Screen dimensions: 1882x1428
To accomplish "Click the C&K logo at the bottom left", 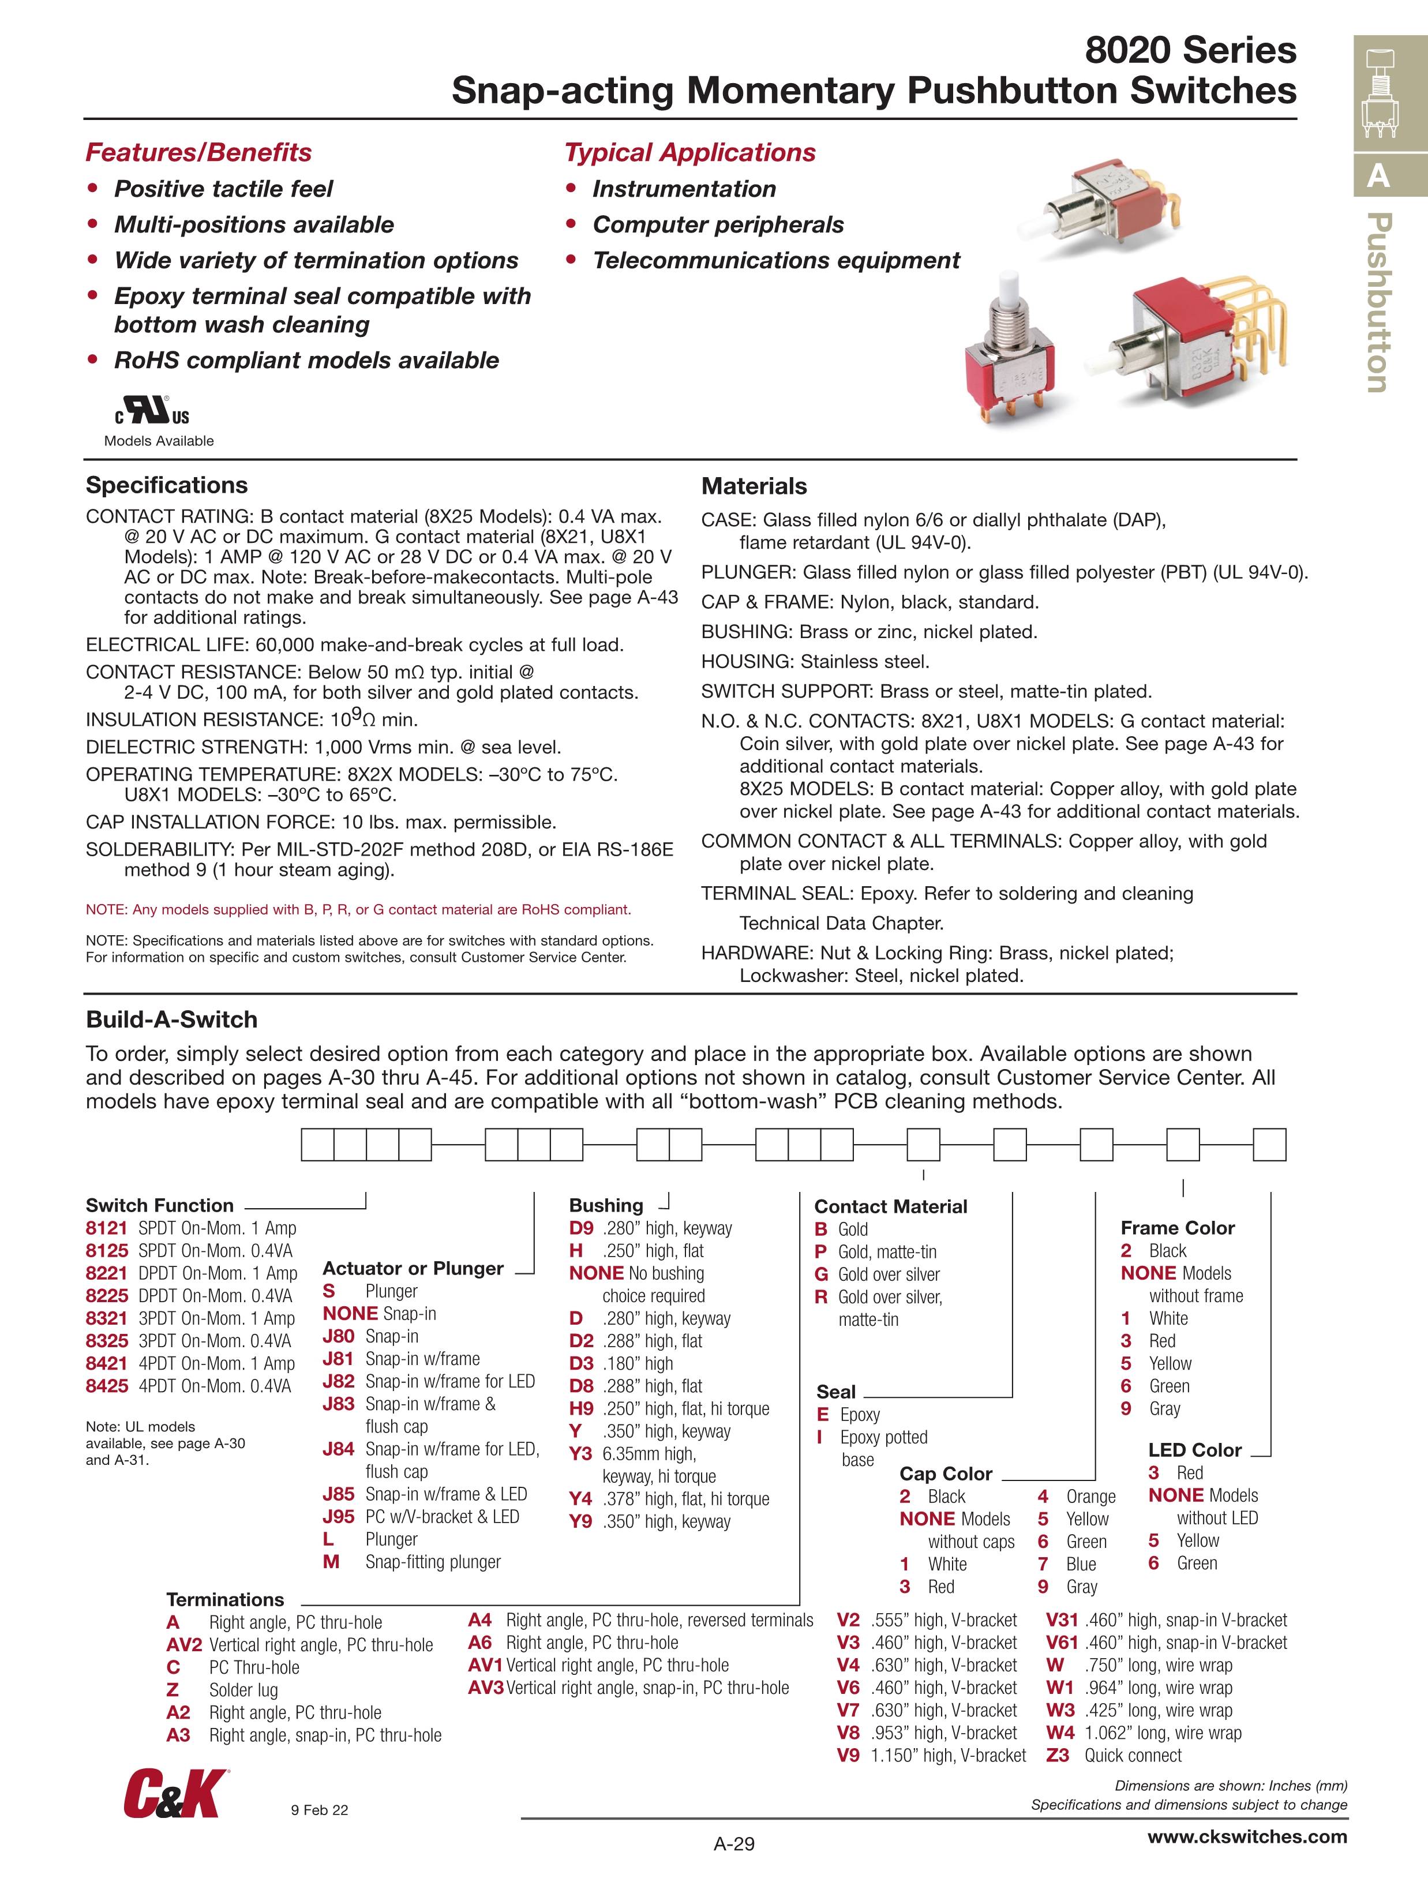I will point(175,1794).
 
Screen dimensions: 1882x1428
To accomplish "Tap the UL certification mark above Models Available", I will point(152,411).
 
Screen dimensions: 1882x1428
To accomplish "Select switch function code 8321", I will point(106,1318).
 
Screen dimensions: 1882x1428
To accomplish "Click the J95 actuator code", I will point(339,1516).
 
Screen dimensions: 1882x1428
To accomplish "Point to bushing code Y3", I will point(580,1453).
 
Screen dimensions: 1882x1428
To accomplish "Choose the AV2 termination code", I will point(184,1645).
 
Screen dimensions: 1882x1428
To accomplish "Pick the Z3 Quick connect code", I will point(1057,1755).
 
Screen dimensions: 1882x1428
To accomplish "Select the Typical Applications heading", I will point(689,152).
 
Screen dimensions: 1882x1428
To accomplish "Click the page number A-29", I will point(733,1844).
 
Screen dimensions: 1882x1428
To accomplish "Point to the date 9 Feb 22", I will point(319,1810).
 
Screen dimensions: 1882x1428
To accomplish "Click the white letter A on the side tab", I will point(1378,176).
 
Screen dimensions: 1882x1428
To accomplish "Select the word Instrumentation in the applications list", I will point(684,189).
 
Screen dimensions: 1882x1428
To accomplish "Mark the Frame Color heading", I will point(1177,1228).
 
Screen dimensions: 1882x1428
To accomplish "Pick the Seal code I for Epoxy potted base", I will point(819,1437).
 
